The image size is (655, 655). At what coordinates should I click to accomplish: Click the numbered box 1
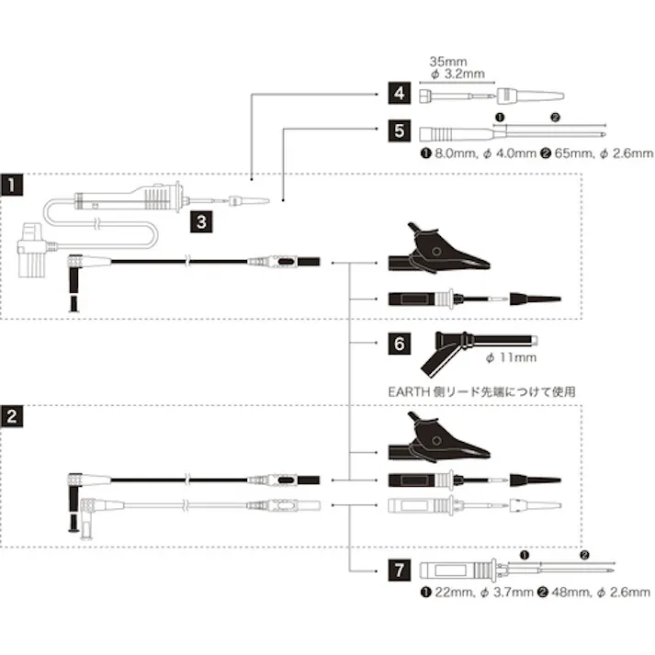(11, 185)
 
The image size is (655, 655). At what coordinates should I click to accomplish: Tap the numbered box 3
(202, 220)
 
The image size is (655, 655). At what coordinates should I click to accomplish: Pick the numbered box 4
(395, 94)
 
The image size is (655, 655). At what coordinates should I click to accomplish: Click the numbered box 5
(395, 131)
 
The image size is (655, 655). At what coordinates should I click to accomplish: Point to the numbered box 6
(395, 344)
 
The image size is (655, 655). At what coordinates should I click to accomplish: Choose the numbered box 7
(395, 570)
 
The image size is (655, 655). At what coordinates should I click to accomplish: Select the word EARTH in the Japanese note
(405, 390)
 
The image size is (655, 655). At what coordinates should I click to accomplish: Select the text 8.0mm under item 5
(450, 152)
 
